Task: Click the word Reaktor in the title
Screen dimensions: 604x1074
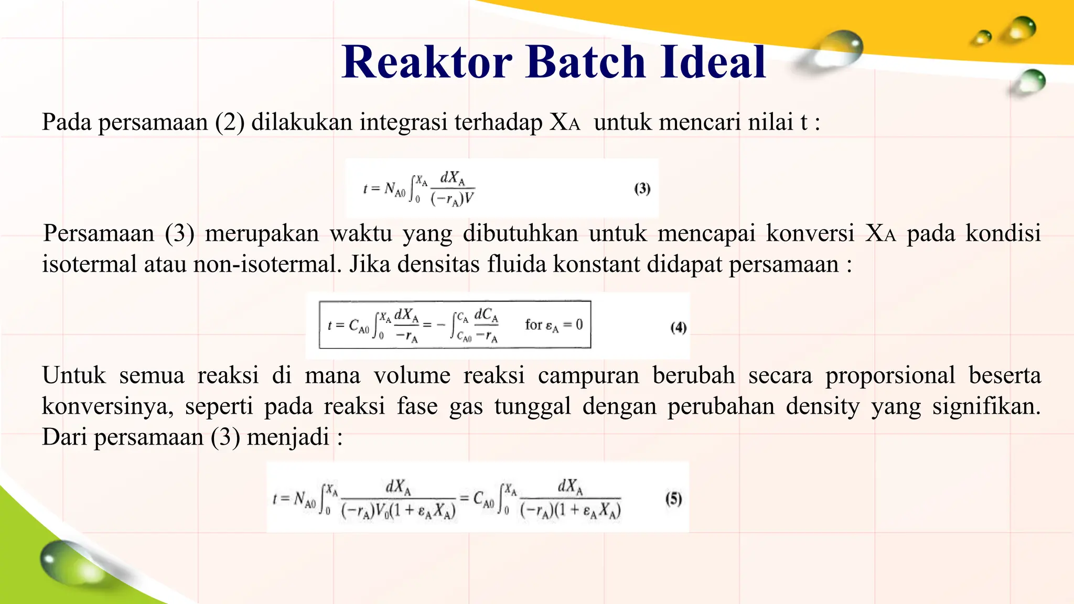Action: [x=427, y=62]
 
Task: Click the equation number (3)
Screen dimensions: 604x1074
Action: [x=642, y=189]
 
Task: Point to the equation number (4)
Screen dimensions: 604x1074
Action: [x=678, y=328]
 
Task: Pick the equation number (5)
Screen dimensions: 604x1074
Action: [x=673, y=498]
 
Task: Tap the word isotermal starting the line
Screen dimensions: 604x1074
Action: [x=90, y=264]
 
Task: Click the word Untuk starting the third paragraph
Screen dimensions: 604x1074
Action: [x=74, y=375]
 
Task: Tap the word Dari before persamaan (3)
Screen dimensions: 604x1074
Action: [x=65, y=437]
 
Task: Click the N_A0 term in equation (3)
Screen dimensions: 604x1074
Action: [x=395, y=189]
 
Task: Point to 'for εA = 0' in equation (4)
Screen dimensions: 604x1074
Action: [x=553, y=325]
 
